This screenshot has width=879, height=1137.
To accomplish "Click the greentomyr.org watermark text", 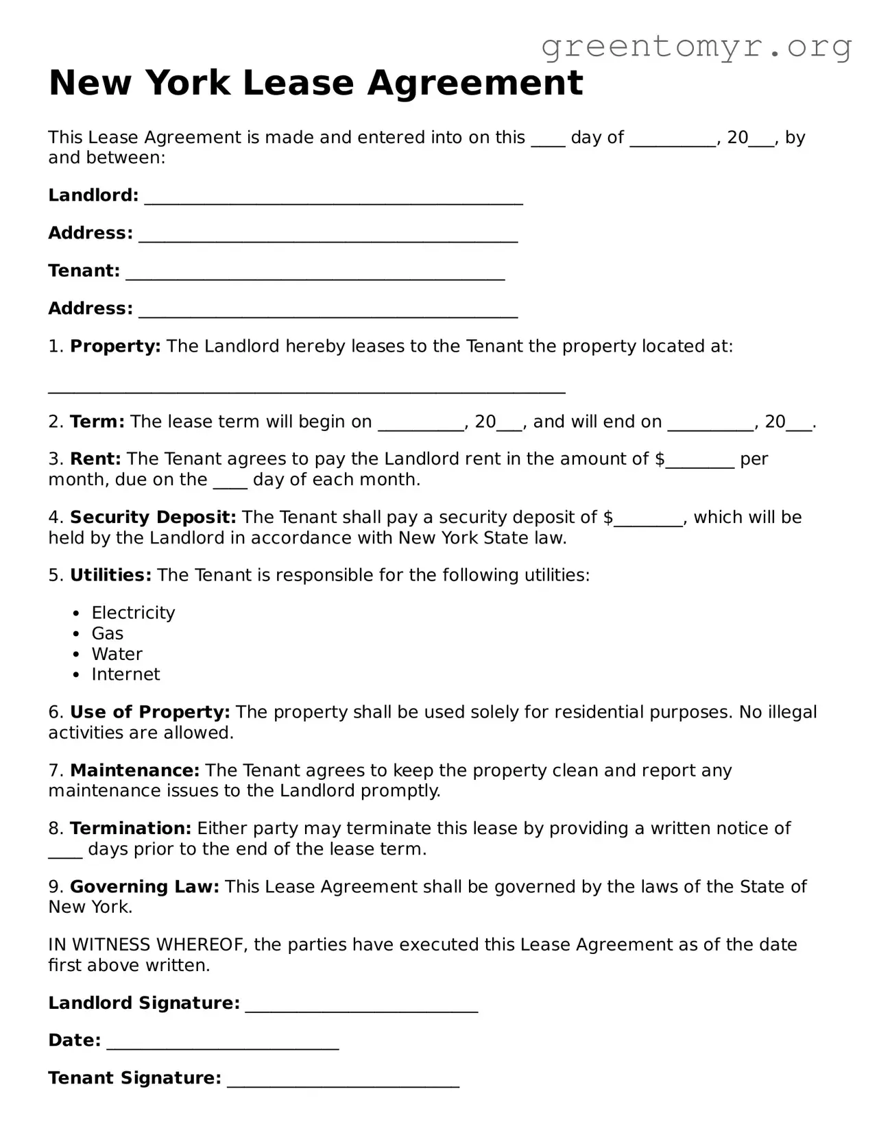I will (x=696, y=47).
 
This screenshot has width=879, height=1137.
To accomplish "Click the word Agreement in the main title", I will (x=474, y=83).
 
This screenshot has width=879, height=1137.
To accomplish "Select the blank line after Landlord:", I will (x=334, y=200).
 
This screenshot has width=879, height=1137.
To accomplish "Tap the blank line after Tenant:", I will (x=315, y=276).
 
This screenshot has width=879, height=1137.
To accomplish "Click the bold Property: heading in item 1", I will (x=115, y=346).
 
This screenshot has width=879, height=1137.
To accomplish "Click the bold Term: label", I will (x=97, y=421).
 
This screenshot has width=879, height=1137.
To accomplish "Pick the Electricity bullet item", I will (x=133, y=613).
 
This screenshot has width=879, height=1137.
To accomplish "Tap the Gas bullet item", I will (x=108, y=633).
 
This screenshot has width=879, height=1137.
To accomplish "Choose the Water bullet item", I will (x=117, y=654).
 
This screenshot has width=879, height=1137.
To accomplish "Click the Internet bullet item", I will (x=125, y=674).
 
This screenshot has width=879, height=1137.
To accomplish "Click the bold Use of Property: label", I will (x=150, y=712).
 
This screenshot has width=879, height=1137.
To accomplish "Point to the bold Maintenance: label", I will (x=134, y=770).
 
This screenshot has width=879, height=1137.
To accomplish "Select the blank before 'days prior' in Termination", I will (x=65, y=853).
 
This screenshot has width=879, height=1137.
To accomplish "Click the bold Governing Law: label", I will (x=145, y=887).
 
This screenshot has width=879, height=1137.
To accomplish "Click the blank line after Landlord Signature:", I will (x=361, y=1007).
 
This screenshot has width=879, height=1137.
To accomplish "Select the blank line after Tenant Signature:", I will (x=343, y=1083).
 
